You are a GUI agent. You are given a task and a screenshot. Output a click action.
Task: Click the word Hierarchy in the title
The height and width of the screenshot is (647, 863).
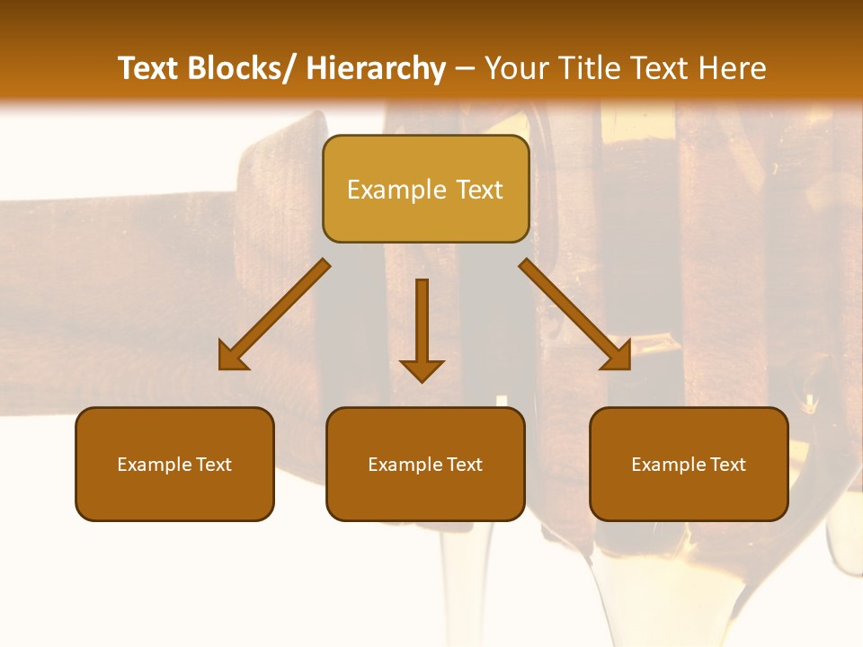[x=375, y=68]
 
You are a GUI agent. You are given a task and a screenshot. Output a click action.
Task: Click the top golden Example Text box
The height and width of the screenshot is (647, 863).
[x=425, y=189]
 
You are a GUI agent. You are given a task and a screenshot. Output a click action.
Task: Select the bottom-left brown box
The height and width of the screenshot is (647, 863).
[x=174, y=464]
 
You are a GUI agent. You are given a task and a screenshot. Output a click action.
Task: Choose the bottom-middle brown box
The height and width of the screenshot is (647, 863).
[x=425, y=464]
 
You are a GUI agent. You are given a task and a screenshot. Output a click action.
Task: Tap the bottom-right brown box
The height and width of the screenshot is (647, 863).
[x=689, y=464]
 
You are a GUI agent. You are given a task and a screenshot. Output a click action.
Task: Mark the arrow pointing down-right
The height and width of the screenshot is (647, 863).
[x=575, y=315]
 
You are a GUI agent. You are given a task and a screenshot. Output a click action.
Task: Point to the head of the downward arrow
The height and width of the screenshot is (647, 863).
[x=422, y=370]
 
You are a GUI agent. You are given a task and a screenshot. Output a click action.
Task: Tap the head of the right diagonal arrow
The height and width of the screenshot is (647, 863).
[x=618, y=357]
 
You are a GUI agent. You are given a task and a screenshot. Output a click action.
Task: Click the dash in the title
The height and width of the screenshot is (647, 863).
[x=465, y=68]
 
